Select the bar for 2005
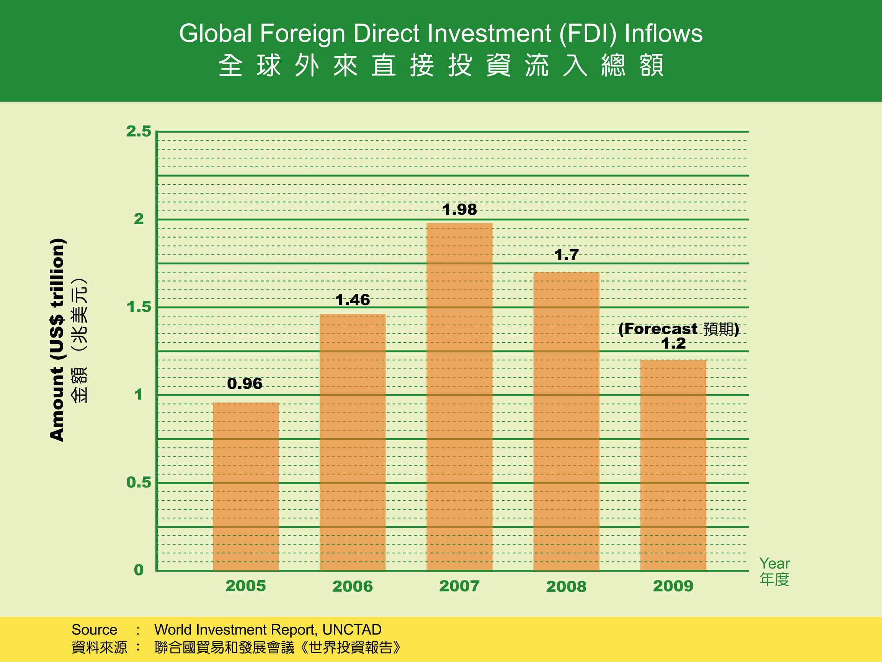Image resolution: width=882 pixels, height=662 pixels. [245, 487]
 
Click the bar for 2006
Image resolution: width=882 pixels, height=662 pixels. [353, 442]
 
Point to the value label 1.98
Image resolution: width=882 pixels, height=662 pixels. [459, 210]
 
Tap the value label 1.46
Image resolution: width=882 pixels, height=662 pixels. [353, 300]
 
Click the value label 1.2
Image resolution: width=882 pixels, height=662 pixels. [673, 344]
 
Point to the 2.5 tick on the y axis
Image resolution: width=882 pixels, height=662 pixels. [139, 132]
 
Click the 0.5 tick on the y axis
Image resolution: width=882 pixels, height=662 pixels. [139, 483]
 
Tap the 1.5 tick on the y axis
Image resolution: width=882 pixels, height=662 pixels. [139, 307]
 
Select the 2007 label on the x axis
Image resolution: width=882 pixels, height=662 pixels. [459, 586]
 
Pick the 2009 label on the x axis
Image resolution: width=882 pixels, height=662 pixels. [673, 586]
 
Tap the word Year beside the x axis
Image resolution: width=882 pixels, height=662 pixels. [774, 564]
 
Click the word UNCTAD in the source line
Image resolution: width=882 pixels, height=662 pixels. [352, 630]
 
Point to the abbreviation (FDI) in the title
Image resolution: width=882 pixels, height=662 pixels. [588, 33]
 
